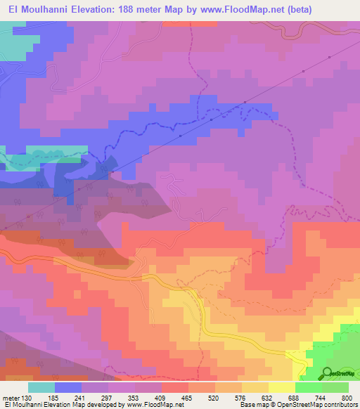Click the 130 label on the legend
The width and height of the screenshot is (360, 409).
27,397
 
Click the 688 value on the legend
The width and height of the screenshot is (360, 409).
295,397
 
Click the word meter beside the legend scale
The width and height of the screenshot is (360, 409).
11,397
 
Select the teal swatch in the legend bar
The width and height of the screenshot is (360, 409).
41,387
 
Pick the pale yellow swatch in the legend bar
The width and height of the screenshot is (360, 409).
282,387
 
